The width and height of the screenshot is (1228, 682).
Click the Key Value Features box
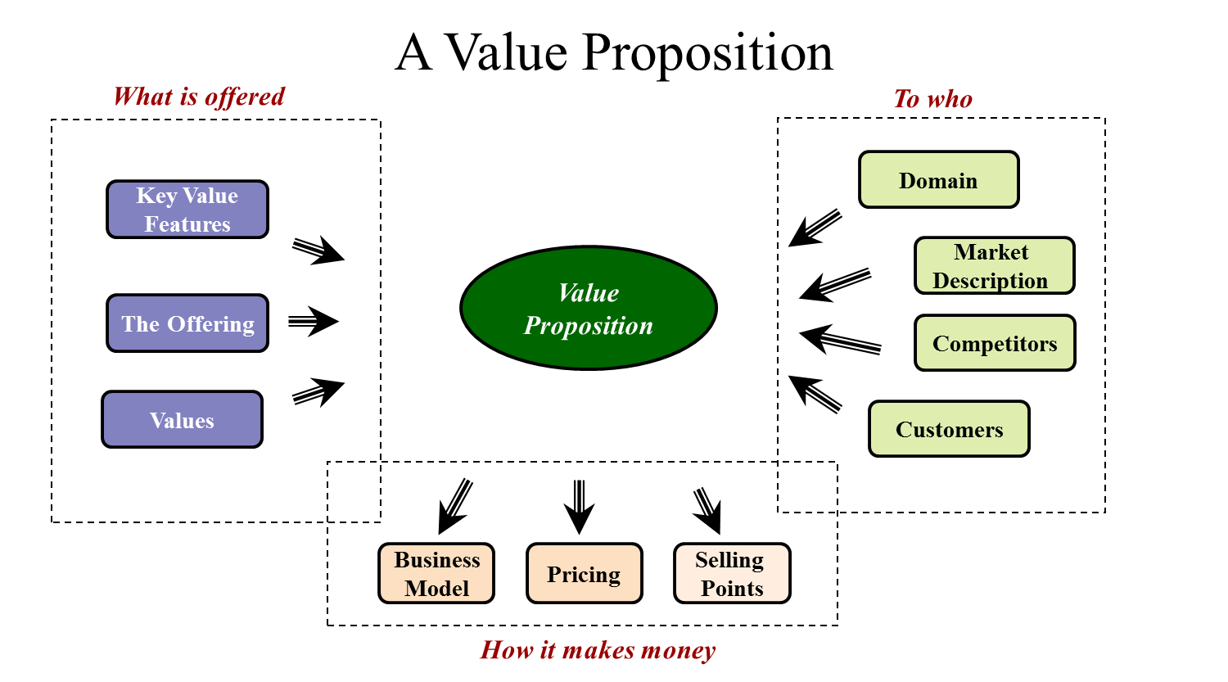click(187, 210)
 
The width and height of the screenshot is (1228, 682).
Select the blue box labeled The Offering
click(187, 323)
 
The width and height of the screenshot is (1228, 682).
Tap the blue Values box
click(182, 420)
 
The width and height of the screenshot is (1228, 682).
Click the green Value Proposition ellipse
click(589, 308)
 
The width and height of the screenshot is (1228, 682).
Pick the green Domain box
click(938, 180)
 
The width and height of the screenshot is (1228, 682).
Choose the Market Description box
click(994, 265)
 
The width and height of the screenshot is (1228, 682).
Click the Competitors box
click(995, 343)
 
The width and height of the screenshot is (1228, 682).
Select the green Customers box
click(949, 429)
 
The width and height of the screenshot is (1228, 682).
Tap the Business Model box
click(436, 574)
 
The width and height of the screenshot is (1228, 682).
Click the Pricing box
click(584, 574)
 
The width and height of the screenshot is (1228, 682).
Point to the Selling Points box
click(732, 574)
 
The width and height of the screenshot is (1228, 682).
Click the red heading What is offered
click(199, 97)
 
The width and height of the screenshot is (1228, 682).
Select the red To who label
click(932, 99)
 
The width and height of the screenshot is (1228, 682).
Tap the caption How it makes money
click(598, 650)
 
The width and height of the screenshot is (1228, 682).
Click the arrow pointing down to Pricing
click(579, 507)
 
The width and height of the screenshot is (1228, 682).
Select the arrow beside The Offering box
click(313, 321)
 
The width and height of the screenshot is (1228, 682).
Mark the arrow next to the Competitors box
click(839, 340)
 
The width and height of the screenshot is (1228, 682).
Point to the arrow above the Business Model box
click(455, 506)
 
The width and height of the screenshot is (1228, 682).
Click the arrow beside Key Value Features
click(318, 250)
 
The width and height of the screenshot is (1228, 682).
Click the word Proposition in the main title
click(707, 52)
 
